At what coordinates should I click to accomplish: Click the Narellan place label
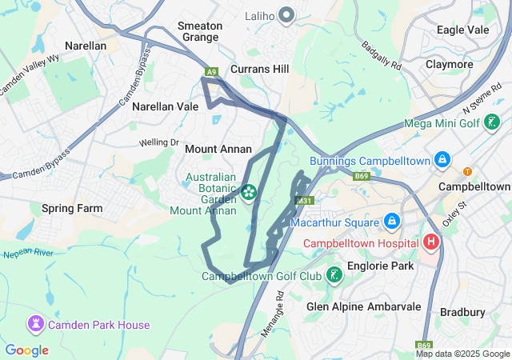tap(85, 46)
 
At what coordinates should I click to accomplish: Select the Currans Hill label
tap(259, 70)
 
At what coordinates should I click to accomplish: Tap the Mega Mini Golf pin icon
tap(493, 122)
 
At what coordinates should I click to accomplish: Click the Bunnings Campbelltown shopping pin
tap(441, 161)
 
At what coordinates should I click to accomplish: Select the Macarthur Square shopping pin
tap(392, 221)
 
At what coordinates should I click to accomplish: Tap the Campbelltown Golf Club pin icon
tap(334, 276)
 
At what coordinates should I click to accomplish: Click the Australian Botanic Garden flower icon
tap(249, 192)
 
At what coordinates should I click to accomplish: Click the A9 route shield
tap(211, 73)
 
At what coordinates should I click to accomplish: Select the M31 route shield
tap(303, 201)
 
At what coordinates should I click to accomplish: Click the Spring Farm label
tap(72, 208)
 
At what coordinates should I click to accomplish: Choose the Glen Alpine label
tap(334, 306)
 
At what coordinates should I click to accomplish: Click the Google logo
tap(26, 350)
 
